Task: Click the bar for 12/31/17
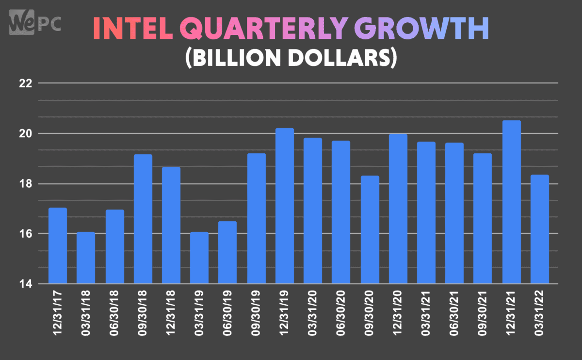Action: pyautogui.click(x=57, y=245)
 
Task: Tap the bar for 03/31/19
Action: pyautogui.click(x=199, y=258)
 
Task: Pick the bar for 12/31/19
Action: pyautogui.click(x=285, y=206)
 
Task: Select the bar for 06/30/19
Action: pyautogui.click(x=227, y=252)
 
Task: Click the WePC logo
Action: pyautogui.click(x=34, y=22)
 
